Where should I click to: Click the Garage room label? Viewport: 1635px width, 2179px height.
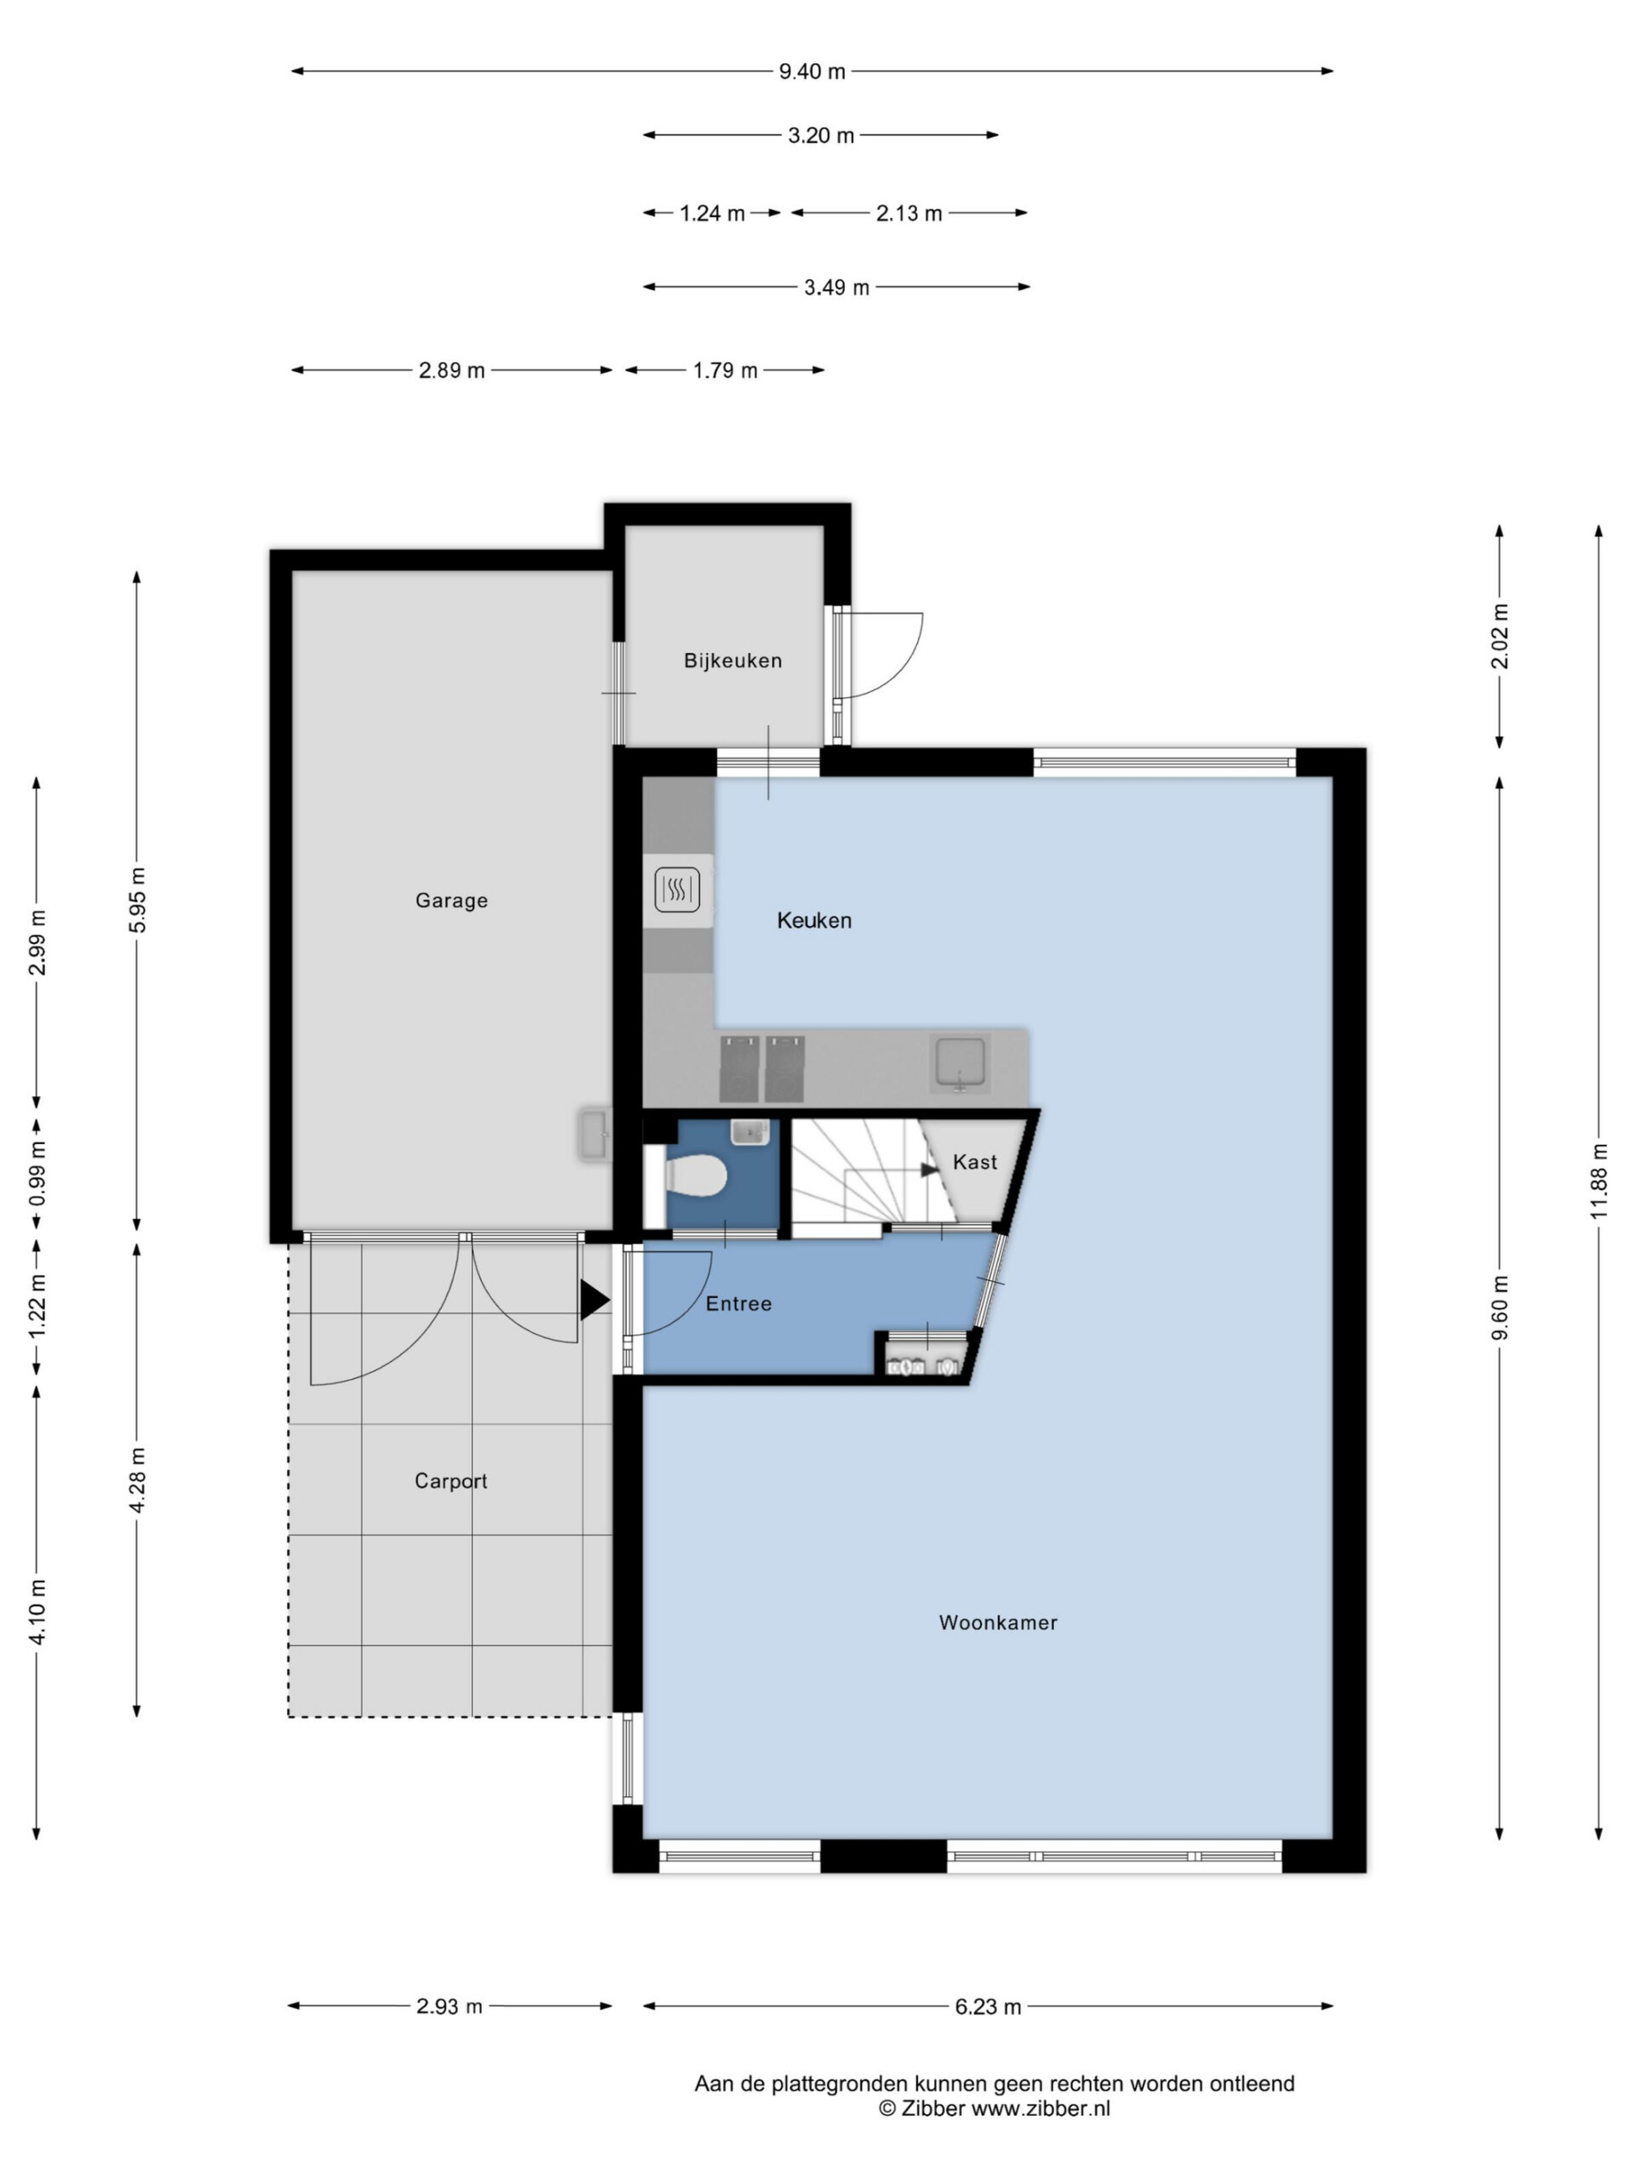point(450,901)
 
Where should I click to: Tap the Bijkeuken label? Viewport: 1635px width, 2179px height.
point(732,661)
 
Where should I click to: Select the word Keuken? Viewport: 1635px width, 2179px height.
point(814,920)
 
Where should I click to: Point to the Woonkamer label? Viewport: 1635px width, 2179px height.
point(997,1622)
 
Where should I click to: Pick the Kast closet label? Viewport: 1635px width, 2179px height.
point(975,1163)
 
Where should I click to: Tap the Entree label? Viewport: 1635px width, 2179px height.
point(738,1303)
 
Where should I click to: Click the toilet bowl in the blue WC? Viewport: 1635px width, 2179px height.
point(696,1176)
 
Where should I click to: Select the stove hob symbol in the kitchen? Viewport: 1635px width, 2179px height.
point(677,889)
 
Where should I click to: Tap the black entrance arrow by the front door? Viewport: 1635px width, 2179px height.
point(594,1300)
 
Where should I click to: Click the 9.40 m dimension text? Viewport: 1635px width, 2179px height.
point(812,71)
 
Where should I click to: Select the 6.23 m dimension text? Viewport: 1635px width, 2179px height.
point(988,2006)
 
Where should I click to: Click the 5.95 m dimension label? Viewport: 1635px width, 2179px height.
point(137,901)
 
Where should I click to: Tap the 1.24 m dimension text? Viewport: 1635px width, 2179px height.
point(712,213)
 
